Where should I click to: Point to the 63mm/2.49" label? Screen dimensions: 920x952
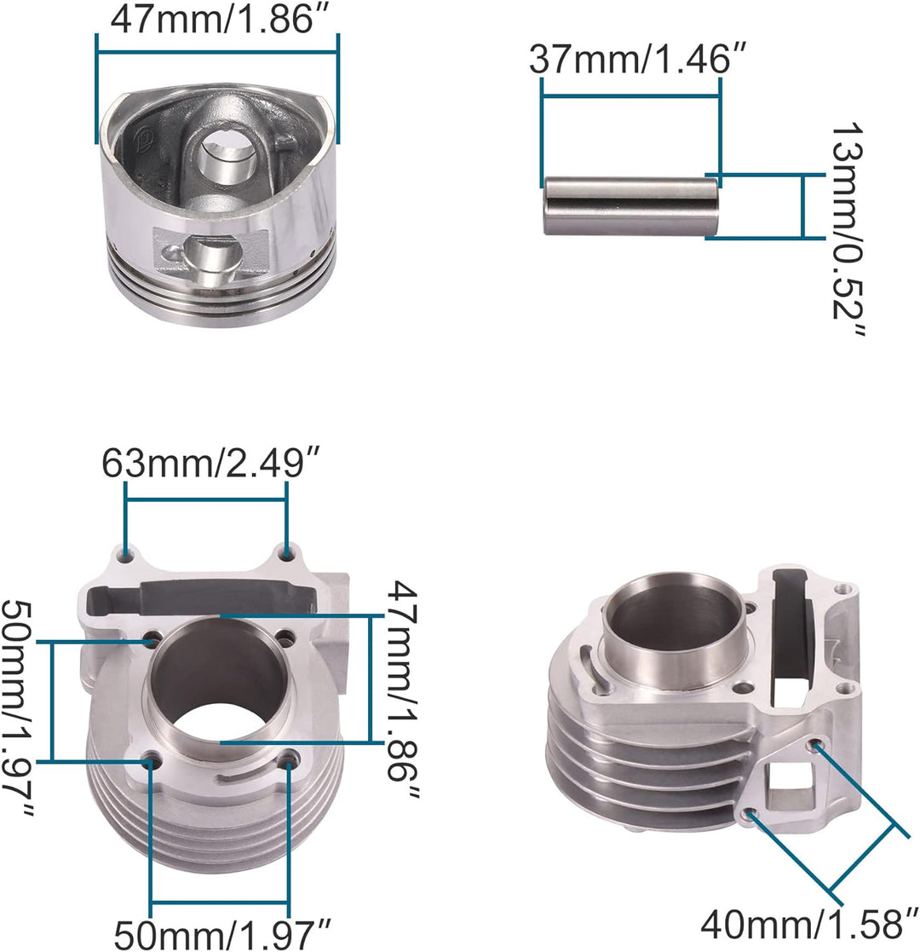210,463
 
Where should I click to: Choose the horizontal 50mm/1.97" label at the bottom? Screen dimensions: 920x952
222,935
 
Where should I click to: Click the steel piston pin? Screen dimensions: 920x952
631,205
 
